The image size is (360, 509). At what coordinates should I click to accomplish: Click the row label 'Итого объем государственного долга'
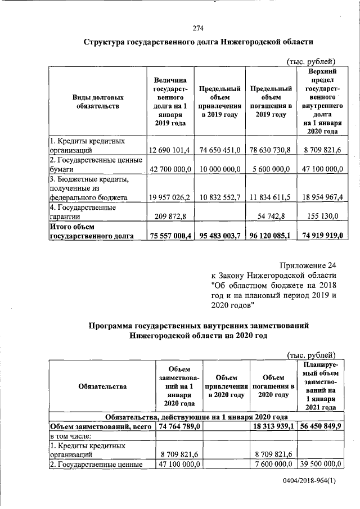92,232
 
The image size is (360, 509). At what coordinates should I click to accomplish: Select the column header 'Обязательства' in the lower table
103,386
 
